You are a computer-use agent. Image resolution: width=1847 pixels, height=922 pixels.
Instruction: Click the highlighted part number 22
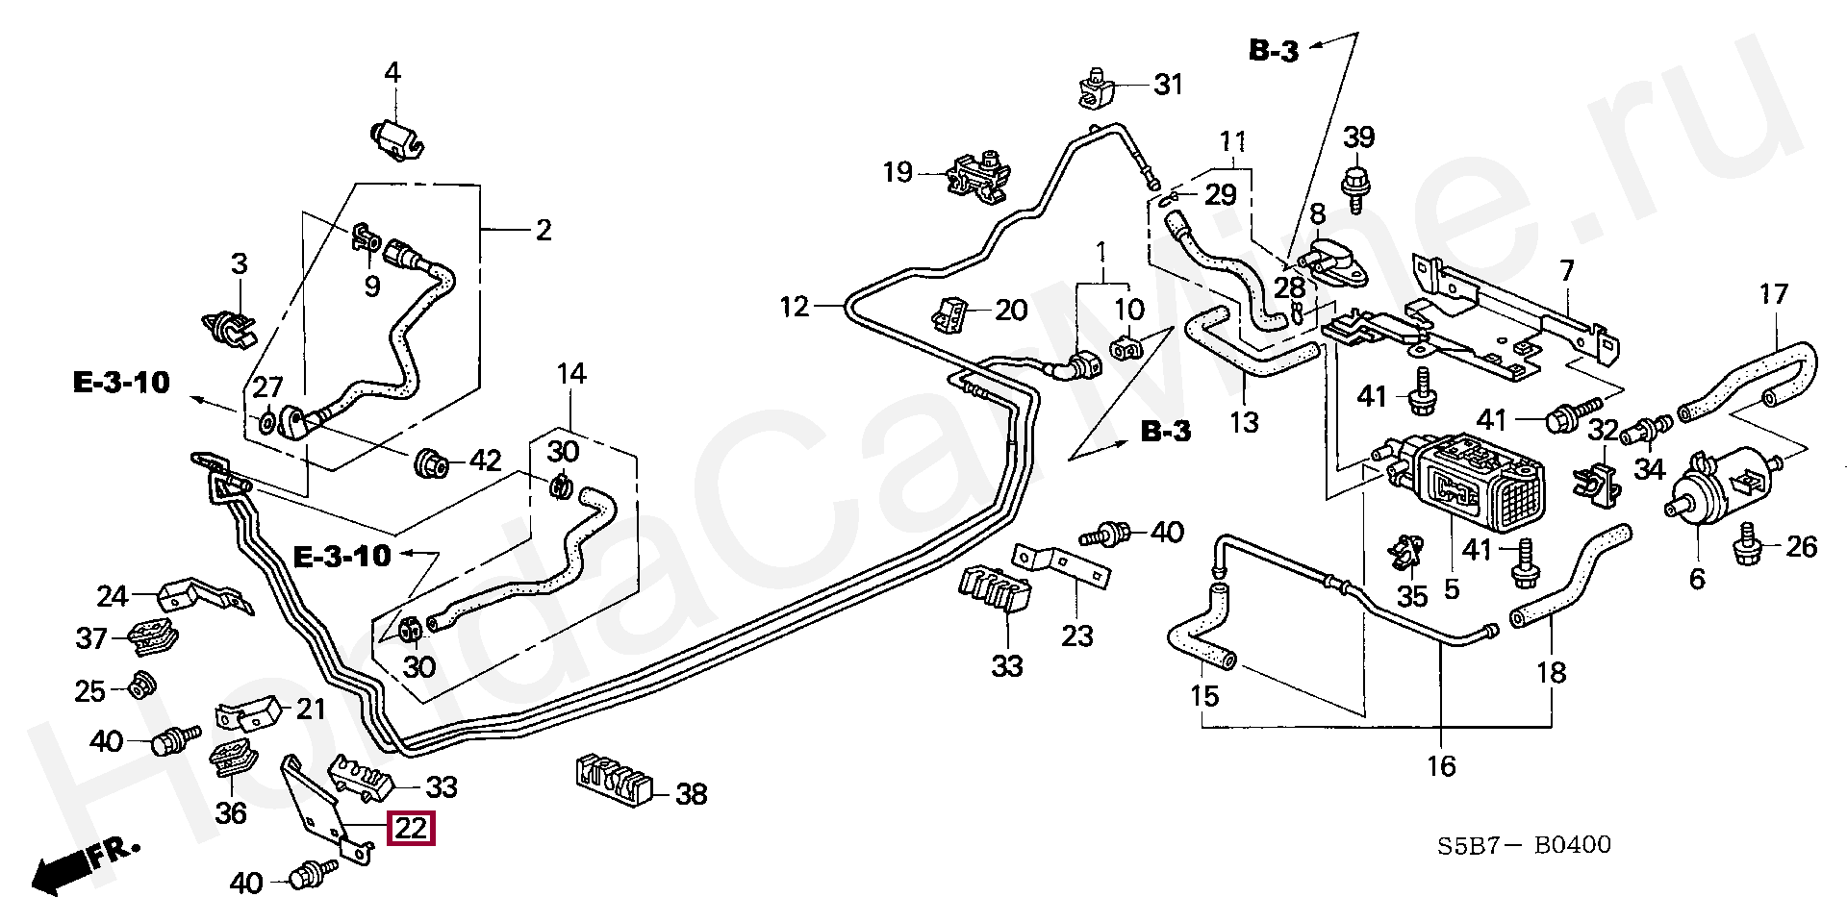(x=411, y=829)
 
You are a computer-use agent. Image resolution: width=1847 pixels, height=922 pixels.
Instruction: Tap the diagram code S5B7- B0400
(x=1524, y=846)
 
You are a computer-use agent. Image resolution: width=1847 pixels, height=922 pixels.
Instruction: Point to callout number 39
(x=1359, y=137)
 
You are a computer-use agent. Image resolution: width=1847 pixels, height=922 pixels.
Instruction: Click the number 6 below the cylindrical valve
(x=1696, y=578)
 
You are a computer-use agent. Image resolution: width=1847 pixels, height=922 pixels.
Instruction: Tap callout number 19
(x=898, y=173)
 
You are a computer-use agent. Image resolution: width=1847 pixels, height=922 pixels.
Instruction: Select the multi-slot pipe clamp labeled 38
(x=614, y=779)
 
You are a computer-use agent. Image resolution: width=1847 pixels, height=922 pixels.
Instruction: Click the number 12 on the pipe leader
(x=796, y=307)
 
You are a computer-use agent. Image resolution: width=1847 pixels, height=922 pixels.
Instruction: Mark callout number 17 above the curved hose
(x=1773, y=293)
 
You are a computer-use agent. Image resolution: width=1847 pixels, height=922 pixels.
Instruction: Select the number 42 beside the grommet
(x=485, y=461)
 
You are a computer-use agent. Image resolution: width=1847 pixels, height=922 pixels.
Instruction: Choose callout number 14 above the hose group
(x=571, y=373)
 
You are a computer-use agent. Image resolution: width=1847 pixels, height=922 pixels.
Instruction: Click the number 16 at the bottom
(x=1441, y=765)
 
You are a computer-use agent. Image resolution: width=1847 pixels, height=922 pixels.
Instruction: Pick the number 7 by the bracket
(x=1567, y=271)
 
